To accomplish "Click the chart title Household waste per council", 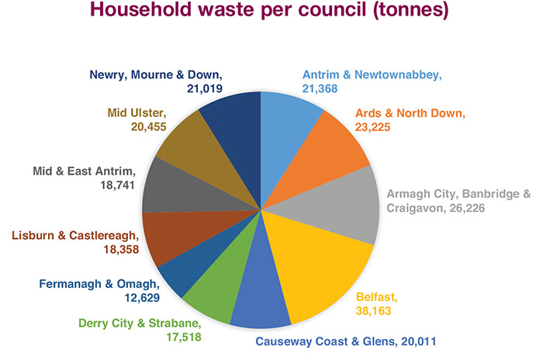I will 271,14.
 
